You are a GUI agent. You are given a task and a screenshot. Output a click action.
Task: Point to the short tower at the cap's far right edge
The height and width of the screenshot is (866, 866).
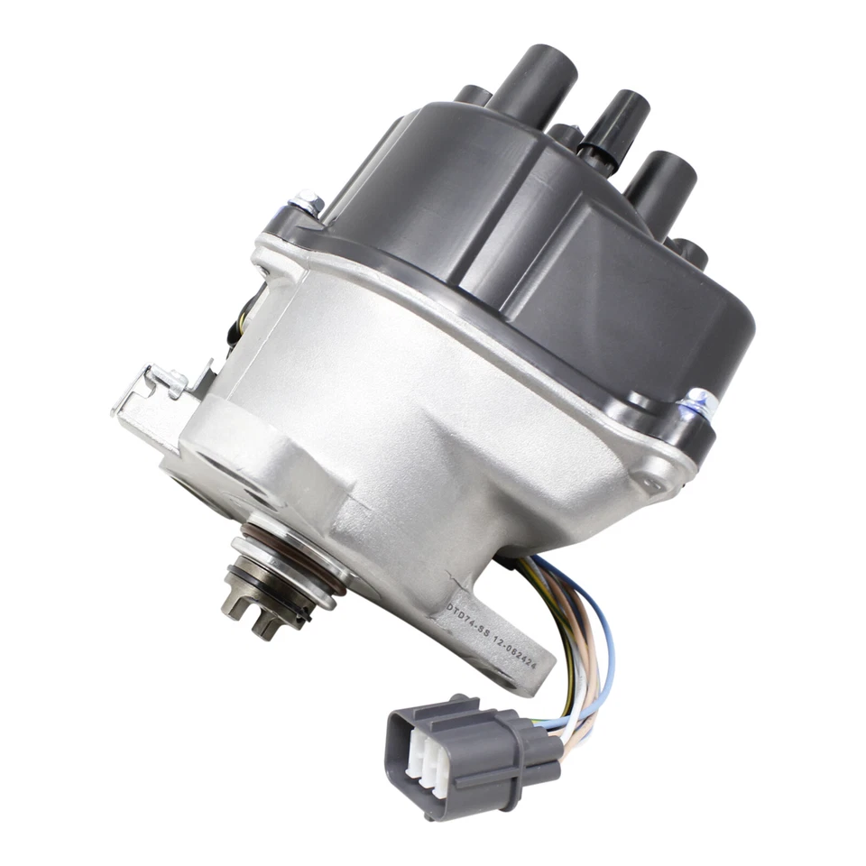point(690,254)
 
